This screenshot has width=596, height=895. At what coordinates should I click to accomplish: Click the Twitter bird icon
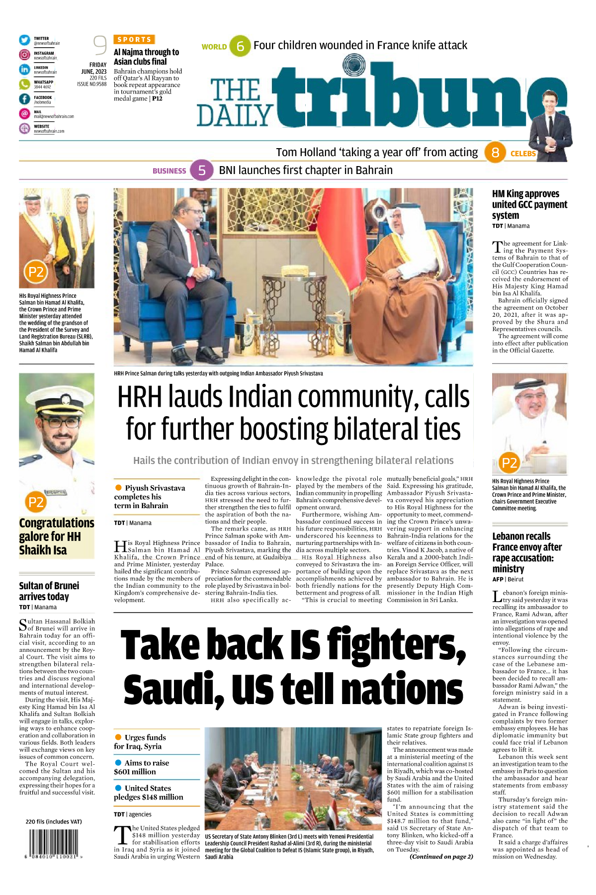[x=24, y=40]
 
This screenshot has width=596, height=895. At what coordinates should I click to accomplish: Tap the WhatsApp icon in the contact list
[x=24, y=84]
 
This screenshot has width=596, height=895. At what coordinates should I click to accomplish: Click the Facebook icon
[x=24, y=99]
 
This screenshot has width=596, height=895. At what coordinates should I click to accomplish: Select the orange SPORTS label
[x=134, y=39]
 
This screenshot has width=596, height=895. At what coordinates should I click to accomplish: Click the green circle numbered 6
[x=240, y=46]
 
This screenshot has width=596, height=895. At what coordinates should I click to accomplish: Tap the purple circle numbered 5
[x=202, y=171]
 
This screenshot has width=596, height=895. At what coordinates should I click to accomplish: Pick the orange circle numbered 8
[x=495, y=152]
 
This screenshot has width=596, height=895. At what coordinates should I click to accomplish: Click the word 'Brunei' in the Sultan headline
[x=64, y=586]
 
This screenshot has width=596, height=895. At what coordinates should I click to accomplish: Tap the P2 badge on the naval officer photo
[x=36, y=502]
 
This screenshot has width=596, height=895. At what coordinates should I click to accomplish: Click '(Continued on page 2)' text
[x=441, y=857]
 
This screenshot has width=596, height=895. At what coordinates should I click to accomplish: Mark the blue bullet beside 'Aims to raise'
[x=118, y=763]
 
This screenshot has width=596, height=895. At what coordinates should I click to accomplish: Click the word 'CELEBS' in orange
[x=523, y=154]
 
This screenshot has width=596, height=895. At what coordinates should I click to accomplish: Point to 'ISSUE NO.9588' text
[x=91, y=84]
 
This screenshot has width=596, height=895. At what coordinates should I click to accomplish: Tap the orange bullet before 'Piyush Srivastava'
[x=118, y=488]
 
